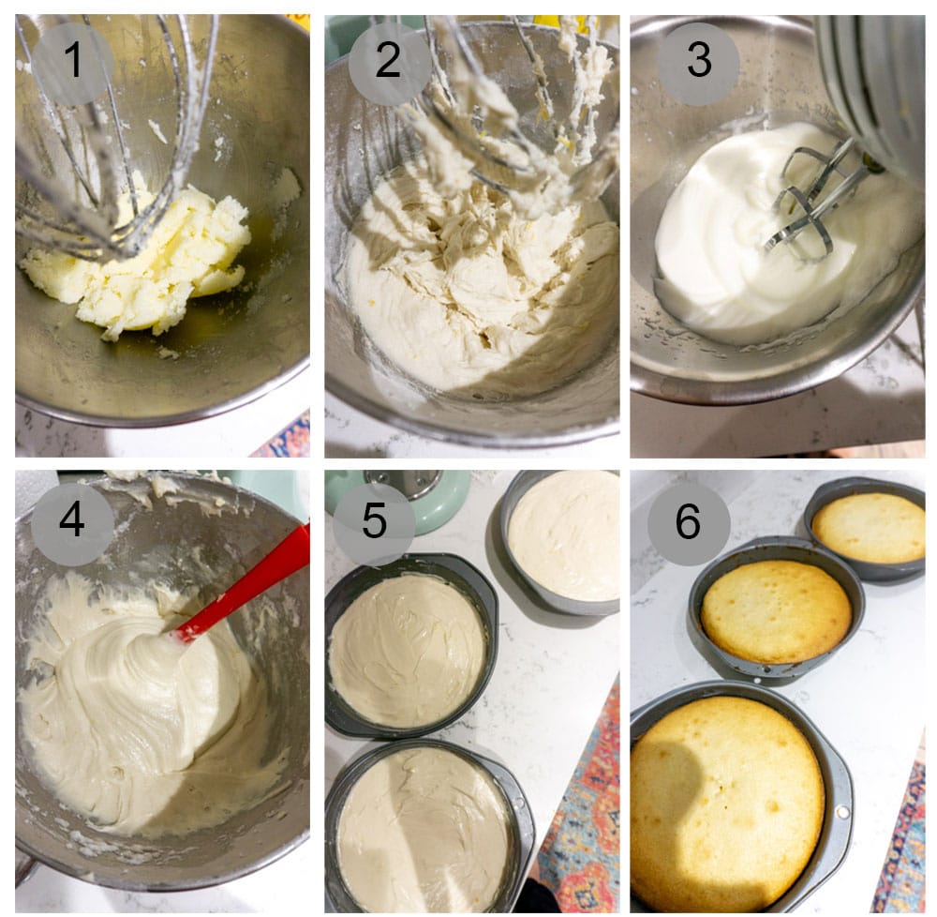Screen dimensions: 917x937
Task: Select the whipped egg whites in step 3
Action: coord(721,234)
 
